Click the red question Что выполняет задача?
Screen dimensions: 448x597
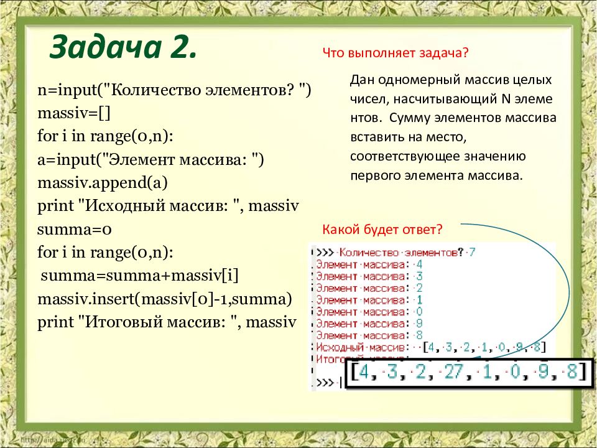click(x=395, y=54)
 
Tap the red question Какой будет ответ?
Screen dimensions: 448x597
click(x=382, y=230)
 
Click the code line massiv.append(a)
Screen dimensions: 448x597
click(x=103, y=184)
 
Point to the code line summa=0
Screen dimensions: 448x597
click(x=74, y=230)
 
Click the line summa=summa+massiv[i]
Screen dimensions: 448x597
click(x=140, y=276)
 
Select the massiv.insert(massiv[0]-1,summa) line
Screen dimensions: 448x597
click(x=165, y=299)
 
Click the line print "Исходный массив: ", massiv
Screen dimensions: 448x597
click(x=169, y=207)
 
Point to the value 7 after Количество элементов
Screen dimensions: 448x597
click(x=472, y=253)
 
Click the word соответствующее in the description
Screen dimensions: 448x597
click(x=401, y=156)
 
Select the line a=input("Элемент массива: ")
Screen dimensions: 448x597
click(x=151, y=160)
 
